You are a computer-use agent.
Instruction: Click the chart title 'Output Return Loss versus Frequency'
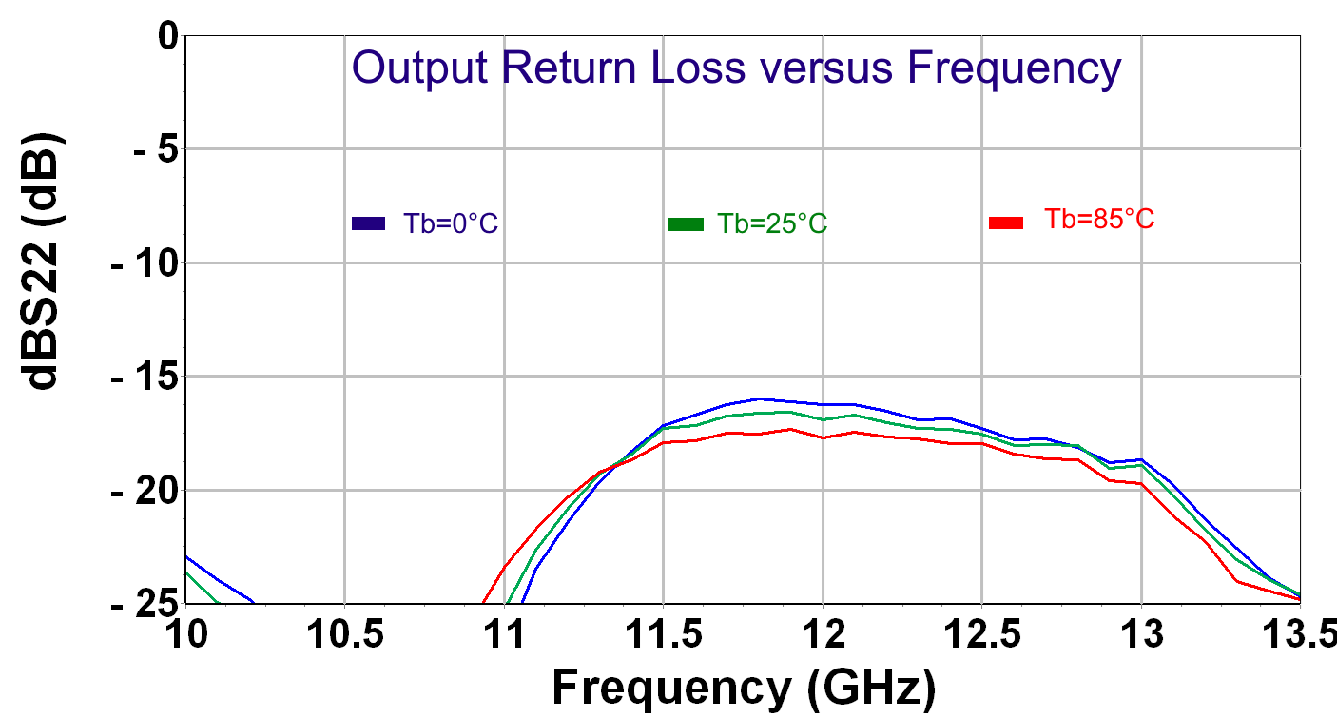[736, 69]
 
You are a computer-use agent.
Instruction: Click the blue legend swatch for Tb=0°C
[368, 224]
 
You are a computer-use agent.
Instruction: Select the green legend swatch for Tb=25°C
[686, 224]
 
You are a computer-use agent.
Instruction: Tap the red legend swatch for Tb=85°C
[1006, 223]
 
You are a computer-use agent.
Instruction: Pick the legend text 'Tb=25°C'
[771, 224]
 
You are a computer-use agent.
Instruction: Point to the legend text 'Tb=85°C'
[1099, 220]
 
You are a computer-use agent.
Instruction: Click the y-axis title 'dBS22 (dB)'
[44, 261]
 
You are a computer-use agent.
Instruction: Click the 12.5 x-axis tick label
[981, 634]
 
